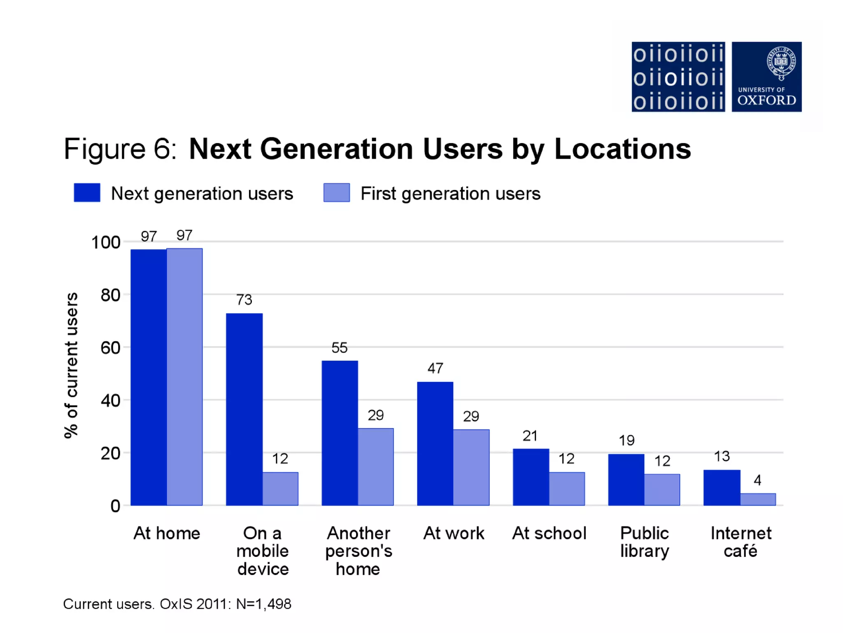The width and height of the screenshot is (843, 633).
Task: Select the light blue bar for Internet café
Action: click(758, 499)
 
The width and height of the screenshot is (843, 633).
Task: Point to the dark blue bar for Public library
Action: click(626, 480)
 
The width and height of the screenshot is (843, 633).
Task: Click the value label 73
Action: click(244, 300)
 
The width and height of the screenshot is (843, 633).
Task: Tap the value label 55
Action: click(340, 348)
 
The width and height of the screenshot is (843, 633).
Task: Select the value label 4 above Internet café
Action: click(757, 480)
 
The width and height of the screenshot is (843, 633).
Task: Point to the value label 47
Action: click(435, 368)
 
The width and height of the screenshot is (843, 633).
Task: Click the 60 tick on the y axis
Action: click(110, 348)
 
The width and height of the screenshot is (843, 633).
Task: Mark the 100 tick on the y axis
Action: click(105, 242)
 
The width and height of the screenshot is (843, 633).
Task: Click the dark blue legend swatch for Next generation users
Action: click(87, 193)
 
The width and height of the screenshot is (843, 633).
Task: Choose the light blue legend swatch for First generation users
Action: click(337, 193)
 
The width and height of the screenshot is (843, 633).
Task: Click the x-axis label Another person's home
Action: click(359, 551)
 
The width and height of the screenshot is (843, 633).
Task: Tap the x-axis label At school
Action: click(549, 533)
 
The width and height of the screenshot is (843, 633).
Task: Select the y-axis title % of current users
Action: click(71, 365)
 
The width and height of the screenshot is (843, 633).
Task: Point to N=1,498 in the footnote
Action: click(263, 604)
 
